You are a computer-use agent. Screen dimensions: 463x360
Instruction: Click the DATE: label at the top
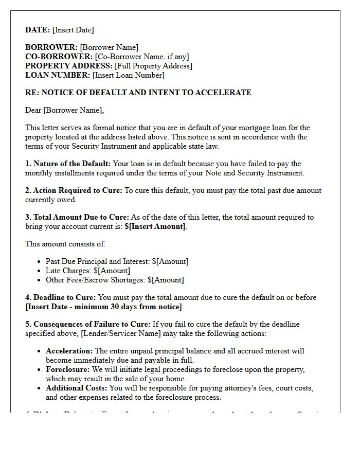click(x=38, y=30)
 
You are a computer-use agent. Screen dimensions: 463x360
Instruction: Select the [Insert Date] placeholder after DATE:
click(x=73, y=30)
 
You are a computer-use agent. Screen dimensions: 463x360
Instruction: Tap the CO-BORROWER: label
click(x=59, y=57)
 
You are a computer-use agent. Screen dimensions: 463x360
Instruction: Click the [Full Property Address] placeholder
click(x=153, y=66)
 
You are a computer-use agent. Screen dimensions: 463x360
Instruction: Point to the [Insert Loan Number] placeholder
click(x=129, y=75)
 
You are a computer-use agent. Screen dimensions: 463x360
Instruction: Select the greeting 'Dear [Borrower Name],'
click(x=64, y=110)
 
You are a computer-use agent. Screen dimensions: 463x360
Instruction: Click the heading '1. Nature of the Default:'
click(x=68, y=164)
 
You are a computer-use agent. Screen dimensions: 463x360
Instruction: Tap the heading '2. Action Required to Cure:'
click(x=74, y=190)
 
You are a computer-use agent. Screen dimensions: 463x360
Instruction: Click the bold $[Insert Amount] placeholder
click(x=154, y=226)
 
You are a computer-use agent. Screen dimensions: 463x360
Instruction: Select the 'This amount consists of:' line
click(x=65, y=244)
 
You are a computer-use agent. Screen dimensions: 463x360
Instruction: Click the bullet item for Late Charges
click(x=87, y=271)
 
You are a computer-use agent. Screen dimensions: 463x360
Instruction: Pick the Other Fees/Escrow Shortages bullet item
click(x=114, y=280)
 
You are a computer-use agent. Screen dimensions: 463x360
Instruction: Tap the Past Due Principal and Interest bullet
click(x=117, y=261)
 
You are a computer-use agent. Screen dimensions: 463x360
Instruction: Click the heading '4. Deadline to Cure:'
click(x=60, y=297)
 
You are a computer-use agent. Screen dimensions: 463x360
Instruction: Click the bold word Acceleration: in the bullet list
click(x=69, y=351)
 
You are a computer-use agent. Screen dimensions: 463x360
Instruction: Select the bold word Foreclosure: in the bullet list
click(x=67, y=369)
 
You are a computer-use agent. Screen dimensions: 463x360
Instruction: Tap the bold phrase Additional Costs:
click(x=77, y=388)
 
